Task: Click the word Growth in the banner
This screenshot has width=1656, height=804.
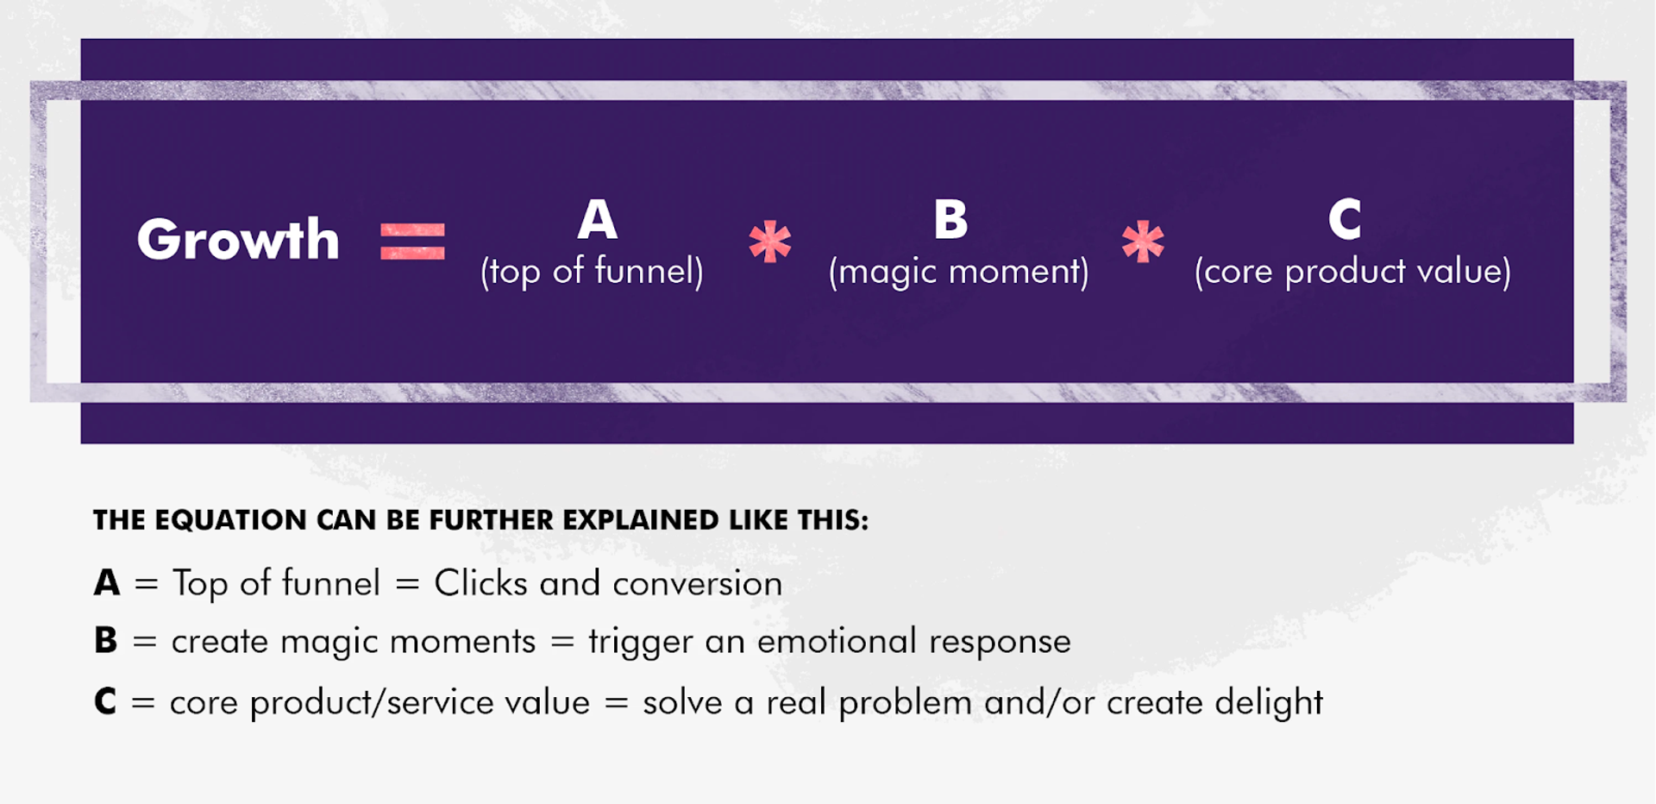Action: [238, 239]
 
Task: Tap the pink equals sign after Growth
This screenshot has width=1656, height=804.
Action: [412, 241]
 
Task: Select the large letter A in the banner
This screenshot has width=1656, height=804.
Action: [597, 219]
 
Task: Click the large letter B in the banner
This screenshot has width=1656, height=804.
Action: [950, 219]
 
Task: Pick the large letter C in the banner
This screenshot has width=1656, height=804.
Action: [1345, 219]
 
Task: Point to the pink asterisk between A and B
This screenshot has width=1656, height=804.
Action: [769, 242]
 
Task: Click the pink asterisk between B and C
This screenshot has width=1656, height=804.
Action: [1143, 242]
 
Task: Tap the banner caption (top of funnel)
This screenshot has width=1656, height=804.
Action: [592, 272]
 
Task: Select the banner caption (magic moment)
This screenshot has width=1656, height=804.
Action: [958, 272]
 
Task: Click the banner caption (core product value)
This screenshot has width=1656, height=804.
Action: [1352, 272]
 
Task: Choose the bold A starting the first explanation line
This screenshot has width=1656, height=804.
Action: [107, 583]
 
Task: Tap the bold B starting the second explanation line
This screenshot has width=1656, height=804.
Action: [105, 641]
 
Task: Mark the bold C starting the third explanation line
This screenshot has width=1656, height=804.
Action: [105, 701]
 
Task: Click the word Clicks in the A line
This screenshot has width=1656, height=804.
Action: [480, 583]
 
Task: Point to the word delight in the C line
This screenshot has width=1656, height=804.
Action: [1268, 703]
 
